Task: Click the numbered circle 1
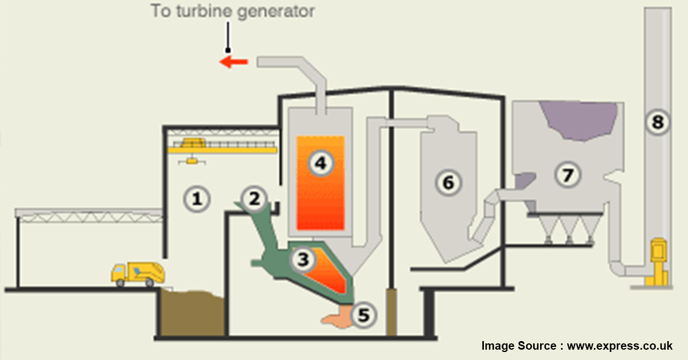[197, 199]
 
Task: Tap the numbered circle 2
[254, 198]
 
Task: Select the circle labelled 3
[302, 260]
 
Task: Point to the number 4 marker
[320, 163]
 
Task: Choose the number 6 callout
[448, 182]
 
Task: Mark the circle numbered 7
[568, 175]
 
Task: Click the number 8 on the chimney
[658, 121]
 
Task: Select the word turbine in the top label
[202, 11]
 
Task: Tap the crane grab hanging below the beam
[191, 163]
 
